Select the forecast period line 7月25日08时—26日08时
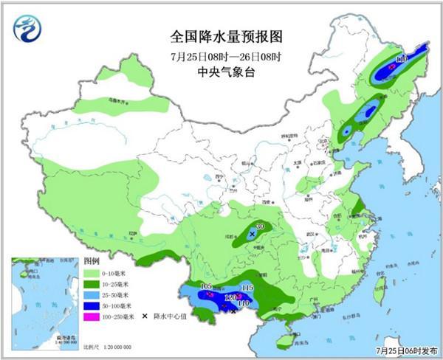click(222, 55)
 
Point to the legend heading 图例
click(92, 262)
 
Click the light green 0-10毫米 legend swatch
click(92, 273)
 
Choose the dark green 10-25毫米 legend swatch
click(92, 283)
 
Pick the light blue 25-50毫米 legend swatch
click(92, 294)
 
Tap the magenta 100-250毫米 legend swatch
click(92, 316)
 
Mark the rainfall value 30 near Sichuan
click(259, 226)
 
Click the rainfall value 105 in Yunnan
click(207, 286)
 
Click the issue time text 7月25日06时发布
click(405, 352)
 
